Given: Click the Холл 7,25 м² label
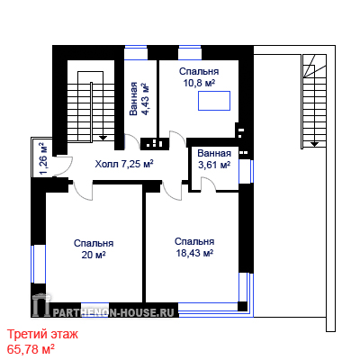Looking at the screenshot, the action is coord(124,164).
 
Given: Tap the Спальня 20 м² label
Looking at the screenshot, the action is coord(94,249).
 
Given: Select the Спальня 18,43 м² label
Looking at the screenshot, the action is coord(194,247).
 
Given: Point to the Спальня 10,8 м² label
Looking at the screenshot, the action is coord(199,77).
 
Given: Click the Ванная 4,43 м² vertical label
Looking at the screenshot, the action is coord(139,98).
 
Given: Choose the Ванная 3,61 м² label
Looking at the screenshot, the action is coord(214,159).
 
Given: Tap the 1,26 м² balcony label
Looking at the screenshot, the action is coord(44,158).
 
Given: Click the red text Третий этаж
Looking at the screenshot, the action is coord(42,334).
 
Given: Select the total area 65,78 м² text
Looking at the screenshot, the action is coord(31,349).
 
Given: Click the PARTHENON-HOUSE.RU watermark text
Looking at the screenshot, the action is coord(114,312).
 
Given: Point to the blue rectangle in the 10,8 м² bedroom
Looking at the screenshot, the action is coord(214,101).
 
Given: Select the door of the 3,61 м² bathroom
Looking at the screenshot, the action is coord(209,184).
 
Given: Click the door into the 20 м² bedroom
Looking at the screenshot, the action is coord(83,191).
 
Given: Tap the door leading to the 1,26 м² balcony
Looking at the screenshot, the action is coord(64,166).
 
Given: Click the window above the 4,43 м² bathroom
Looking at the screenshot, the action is coord(136,52).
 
